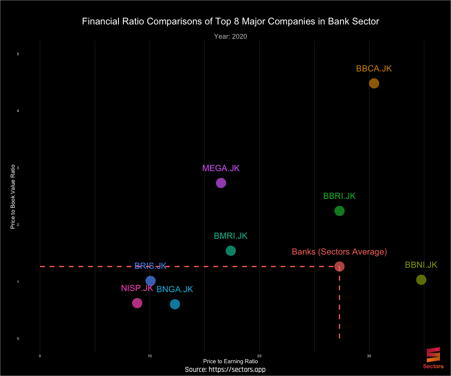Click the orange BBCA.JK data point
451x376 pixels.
374,83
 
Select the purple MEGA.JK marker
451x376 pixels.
221,183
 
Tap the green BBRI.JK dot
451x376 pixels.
339,211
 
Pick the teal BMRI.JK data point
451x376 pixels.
231,251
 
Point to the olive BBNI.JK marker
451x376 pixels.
421,280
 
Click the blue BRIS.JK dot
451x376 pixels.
150,281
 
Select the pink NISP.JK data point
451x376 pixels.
137,303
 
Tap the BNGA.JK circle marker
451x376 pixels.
175,304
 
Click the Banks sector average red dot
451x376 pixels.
339,267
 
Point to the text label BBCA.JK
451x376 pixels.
374,69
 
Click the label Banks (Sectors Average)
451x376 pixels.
339,252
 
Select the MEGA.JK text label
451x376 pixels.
221,168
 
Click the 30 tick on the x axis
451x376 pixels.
369,356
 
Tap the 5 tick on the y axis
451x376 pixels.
18,54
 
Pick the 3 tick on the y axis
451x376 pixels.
18,168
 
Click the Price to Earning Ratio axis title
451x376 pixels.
230,361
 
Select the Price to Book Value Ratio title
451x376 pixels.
13,197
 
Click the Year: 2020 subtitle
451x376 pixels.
230,36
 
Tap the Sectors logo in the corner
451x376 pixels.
433,357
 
